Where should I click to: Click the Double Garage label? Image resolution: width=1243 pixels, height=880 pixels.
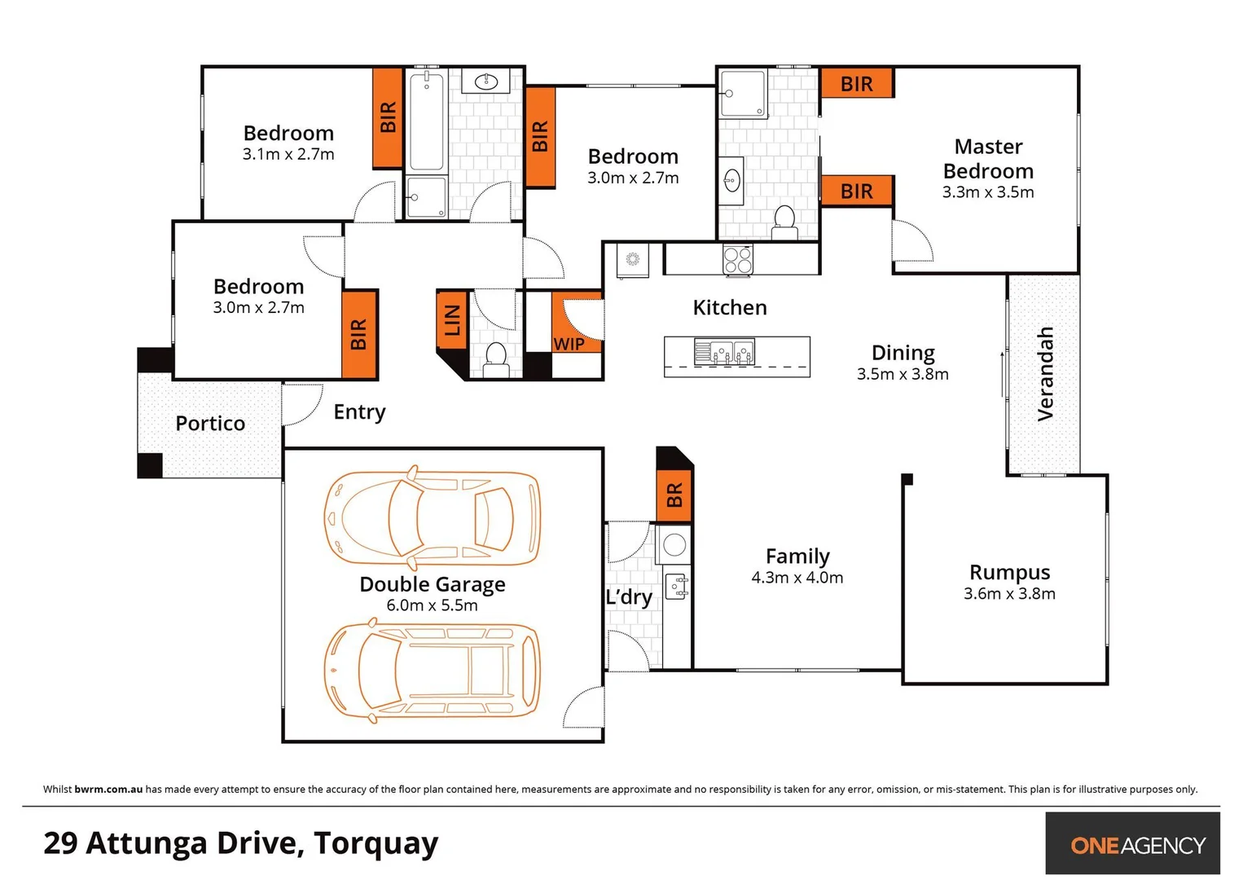click(x=432, y=584)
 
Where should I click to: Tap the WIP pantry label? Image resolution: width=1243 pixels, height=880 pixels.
click(x=569, y=343)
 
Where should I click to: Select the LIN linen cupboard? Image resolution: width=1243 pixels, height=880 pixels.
click(x=452, y=319)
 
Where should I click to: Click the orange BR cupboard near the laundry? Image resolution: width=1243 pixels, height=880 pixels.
click(x=674, y=495)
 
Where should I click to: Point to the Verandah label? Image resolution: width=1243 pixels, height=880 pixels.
click(x=1045, y=374)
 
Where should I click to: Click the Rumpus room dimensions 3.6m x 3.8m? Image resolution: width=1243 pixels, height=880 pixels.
click(x=1009, y=594)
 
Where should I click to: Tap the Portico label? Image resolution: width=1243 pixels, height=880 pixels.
click(x=210, y=423)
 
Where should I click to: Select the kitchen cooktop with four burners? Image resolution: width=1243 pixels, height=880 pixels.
click(x=737, y=260)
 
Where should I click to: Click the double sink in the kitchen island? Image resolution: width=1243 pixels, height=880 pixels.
click(x=723, y=352)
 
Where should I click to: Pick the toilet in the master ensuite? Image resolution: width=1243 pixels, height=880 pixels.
click(x=784, y=220)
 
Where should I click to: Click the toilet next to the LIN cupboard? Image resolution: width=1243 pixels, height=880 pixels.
click(x=495, y=358)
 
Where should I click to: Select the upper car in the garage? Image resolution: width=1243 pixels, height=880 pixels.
click(x=432, y=517)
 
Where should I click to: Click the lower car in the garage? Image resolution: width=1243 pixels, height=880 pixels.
click(x=432, y=671)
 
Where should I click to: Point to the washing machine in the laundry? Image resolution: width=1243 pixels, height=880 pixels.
click(x=674, y=544)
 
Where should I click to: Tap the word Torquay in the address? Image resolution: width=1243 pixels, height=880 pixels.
click(x=376, y=843)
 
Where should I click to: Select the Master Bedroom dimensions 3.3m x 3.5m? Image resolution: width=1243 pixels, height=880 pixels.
click(x=988, y=192)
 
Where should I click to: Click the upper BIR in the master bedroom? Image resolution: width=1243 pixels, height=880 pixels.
click(x=856, y=83)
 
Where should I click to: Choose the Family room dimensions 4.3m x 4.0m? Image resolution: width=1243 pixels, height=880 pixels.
click(x=797, y=578)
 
